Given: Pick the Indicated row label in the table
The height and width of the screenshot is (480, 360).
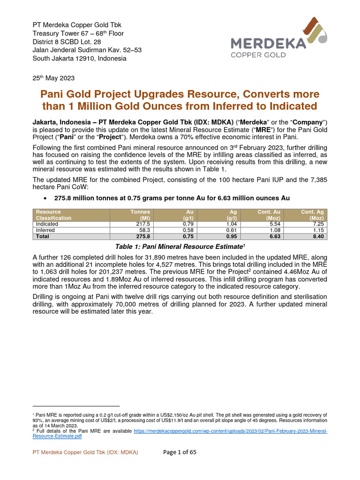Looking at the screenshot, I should coord(47,224).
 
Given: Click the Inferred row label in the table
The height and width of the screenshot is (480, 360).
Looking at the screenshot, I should coord(45,230).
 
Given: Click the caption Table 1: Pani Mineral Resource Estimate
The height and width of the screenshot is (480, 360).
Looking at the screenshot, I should coord(180,246).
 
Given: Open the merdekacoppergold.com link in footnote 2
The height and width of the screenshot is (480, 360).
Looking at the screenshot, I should coord(230,430).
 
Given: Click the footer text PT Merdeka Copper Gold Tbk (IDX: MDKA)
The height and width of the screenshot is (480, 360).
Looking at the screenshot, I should coord(85,452).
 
